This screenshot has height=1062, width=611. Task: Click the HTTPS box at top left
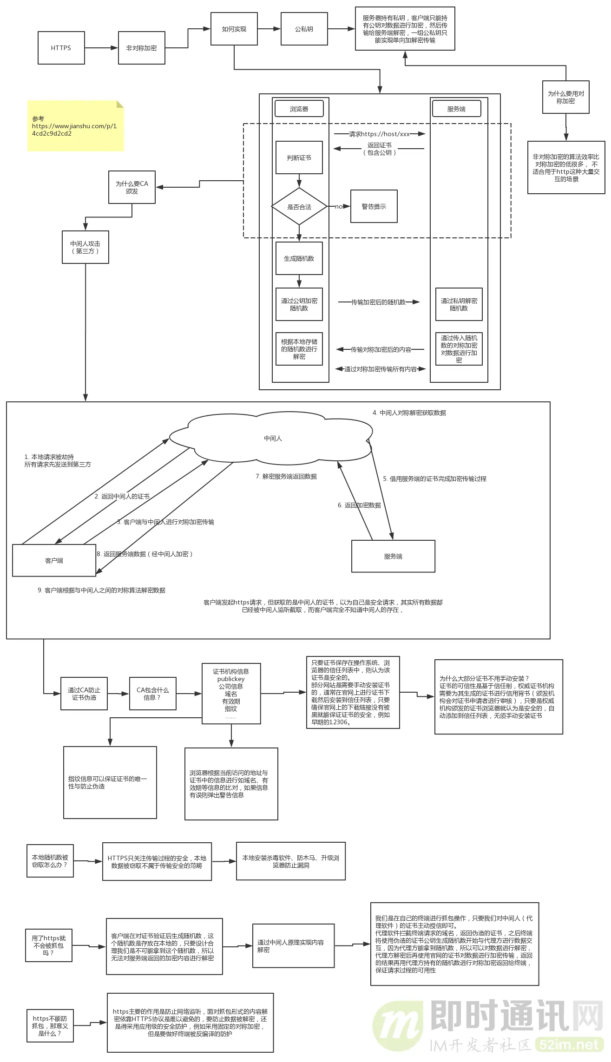pos(61,48)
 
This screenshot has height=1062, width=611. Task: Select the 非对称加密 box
pos(141,48)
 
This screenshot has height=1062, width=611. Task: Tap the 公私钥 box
pos(304,29)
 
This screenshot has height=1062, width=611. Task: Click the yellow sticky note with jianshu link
pos(75,126)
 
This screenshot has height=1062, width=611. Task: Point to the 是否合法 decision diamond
pos(299,207)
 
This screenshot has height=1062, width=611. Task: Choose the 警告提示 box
pos(374,207)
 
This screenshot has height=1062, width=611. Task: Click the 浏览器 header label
pos(299,109)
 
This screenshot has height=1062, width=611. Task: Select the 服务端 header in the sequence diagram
pos(456,109)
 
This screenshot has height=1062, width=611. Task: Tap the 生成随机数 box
pos(299,258)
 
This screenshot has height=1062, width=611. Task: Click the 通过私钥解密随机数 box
pos(459,304)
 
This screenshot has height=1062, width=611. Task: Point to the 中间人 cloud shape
pos(273,438)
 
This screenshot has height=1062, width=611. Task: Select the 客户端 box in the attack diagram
pos(54,560)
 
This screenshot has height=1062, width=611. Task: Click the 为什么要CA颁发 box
pos(131,187)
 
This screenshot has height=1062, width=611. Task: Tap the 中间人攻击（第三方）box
pos(85,247)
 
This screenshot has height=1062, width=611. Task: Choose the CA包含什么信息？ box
pos(152,694)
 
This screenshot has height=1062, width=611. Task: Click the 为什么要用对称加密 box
pos(565,97)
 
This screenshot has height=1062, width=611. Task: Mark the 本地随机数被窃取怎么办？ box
pos(50,861)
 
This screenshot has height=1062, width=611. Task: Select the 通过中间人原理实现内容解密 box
pos(293,946)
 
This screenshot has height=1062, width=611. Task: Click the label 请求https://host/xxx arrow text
pos(379,134)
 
